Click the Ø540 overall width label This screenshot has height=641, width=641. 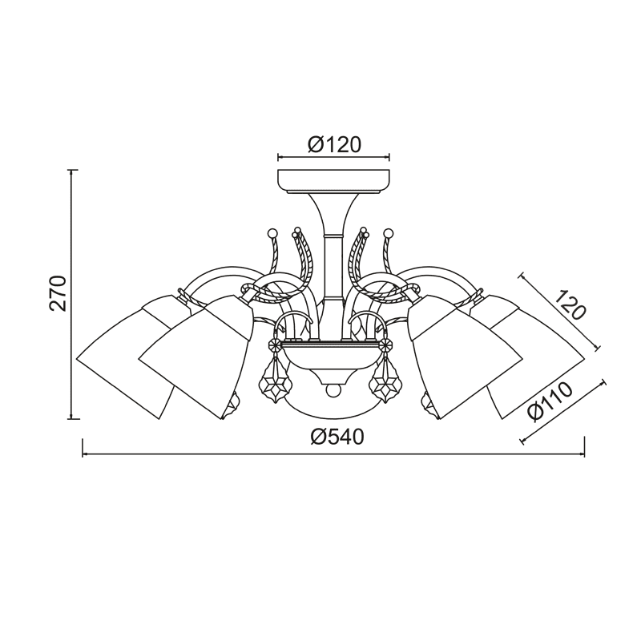(337, 437)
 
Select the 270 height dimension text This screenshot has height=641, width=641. (58, 293)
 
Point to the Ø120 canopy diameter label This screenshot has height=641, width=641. (334, 144)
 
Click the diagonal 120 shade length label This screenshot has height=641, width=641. (570, 305)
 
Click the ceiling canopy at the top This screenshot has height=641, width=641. (333, 181)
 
